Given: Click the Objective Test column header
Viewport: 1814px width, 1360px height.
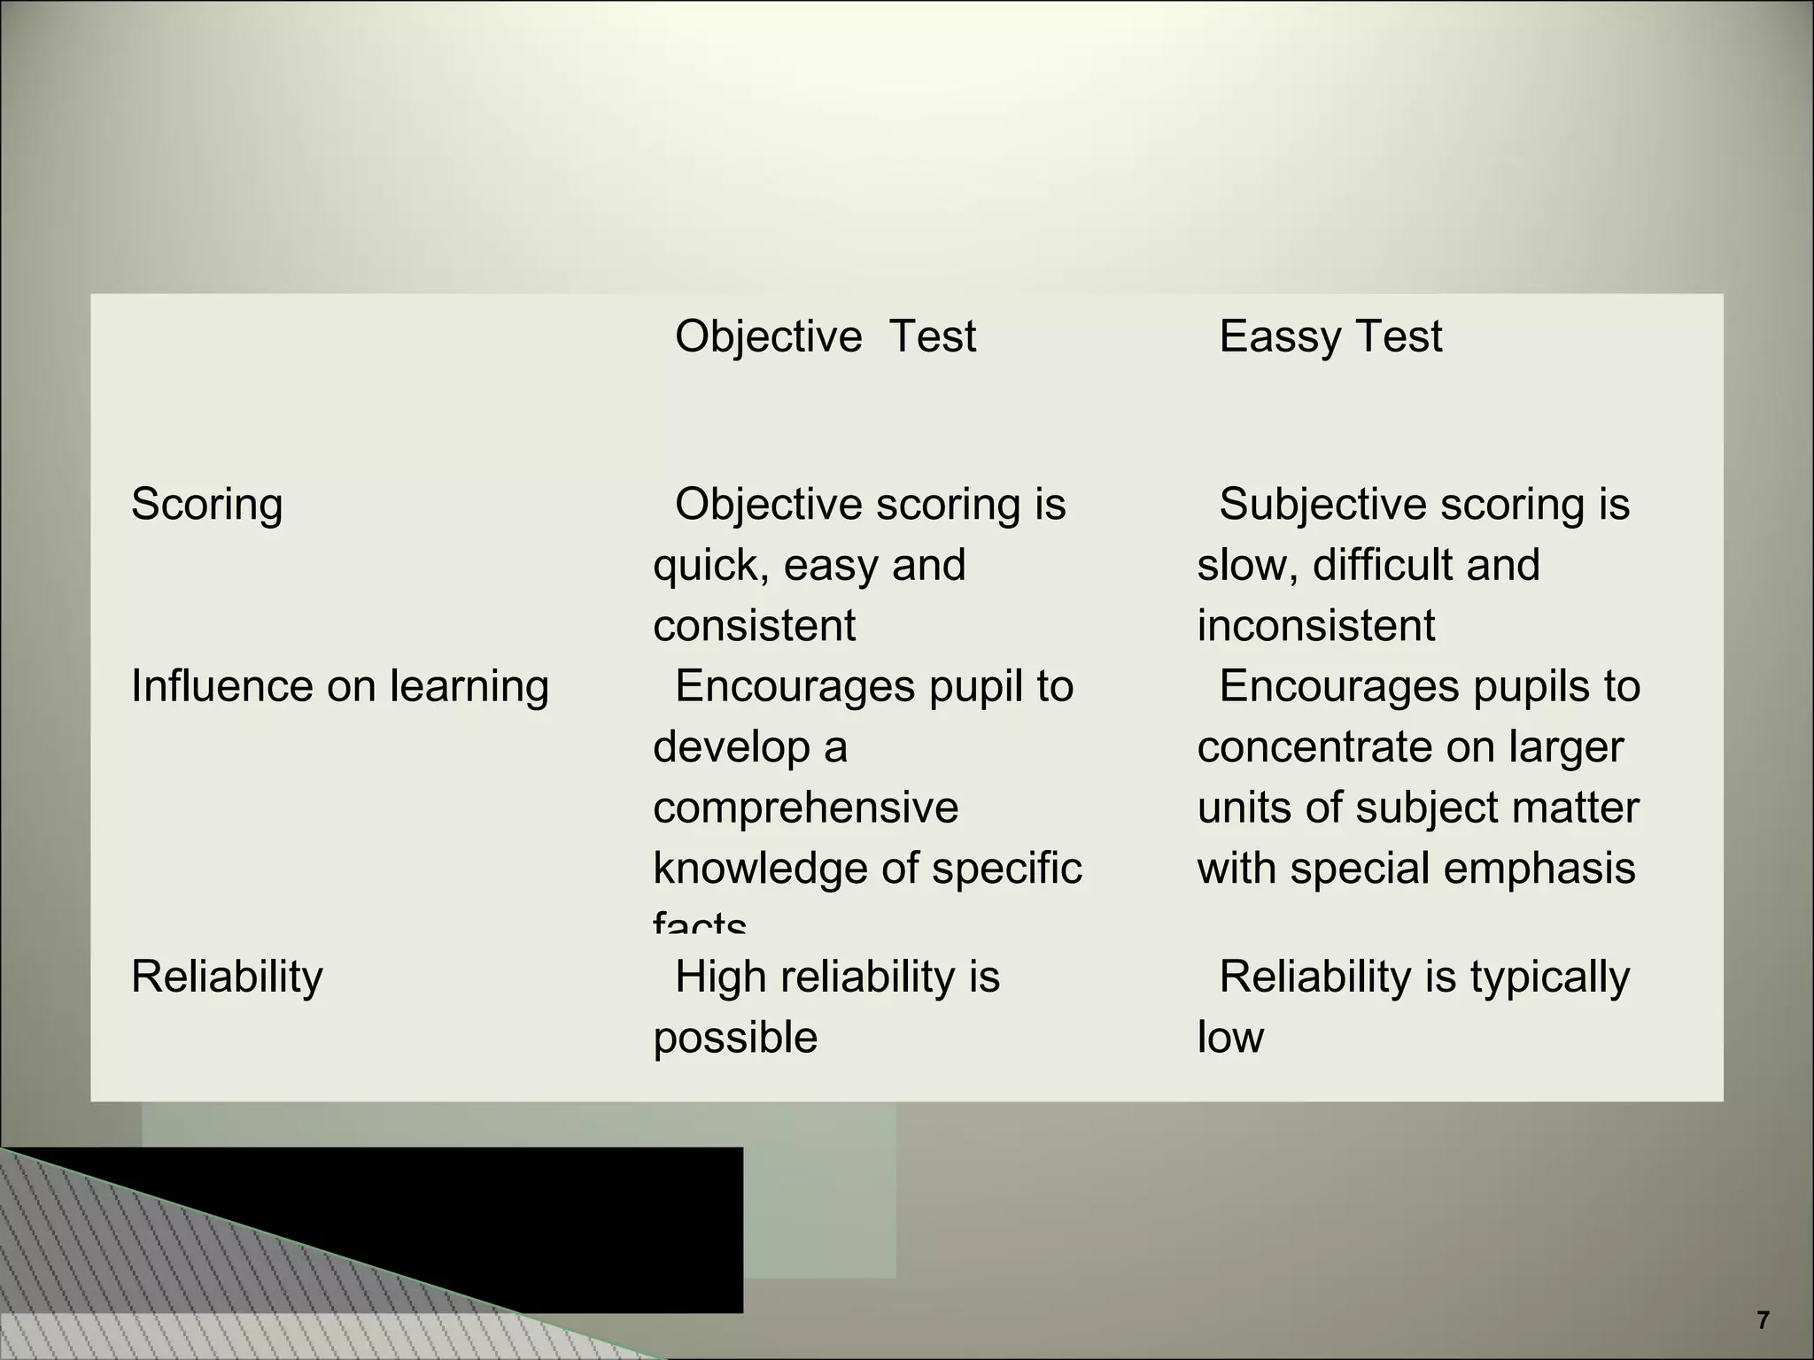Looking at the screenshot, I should click(826, 336).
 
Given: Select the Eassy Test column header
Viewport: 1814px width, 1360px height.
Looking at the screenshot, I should click(1330, 336).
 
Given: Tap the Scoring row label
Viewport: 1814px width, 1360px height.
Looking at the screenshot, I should click(207, 505).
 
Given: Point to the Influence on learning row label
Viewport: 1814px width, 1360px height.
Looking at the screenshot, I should click(340, 686).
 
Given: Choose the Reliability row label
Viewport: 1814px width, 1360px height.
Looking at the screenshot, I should click(227, 977).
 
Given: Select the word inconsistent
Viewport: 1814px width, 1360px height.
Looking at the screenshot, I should click(1315, 626).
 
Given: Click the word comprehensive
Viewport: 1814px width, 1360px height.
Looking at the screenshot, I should click(805, 807).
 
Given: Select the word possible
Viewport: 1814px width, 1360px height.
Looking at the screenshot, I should click(735, 1038).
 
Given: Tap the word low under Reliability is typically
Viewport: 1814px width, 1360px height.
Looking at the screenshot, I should click(1230, 1038).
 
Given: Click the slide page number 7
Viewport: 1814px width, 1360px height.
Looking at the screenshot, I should click(1763, 1320).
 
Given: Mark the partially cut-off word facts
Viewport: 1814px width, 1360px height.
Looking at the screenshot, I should click(700, 923).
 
